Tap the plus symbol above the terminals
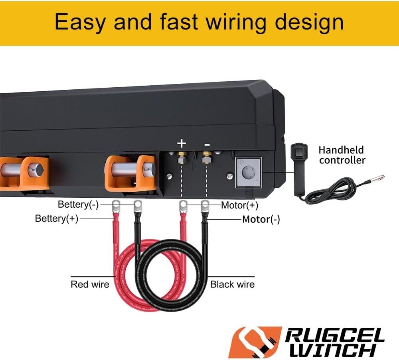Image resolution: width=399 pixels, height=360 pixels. [182, 143]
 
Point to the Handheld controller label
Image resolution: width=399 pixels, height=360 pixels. [342, 155]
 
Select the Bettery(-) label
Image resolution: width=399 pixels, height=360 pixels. [78, 205]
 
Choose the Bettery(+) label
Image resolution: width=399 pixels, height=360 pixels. [57, 218]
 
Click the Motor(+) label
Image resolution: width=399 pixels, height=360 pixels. [239, 205]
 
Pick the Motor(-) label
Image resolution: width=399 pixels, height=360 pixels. [261, 219]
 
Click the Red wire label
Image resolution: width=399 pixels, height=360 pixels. [90, 284]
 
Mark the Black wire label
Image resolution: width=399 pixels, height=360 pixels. [232, 284]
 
